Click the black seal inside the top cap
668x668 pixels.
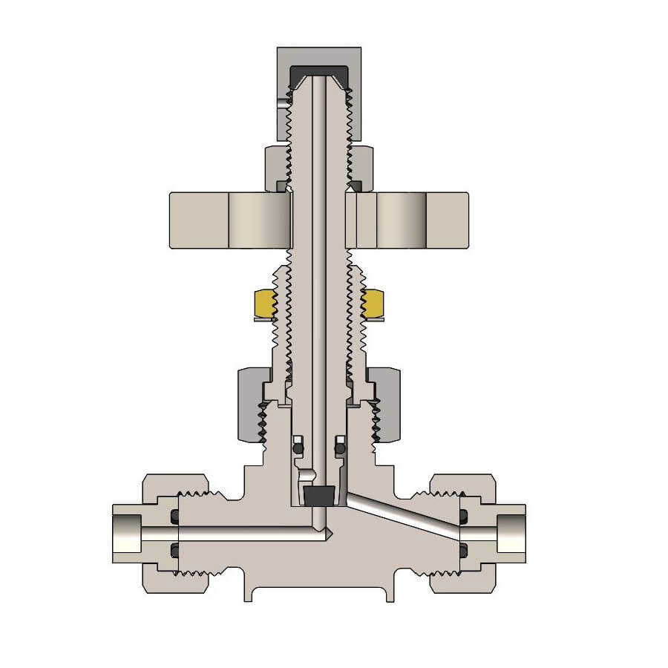pos(319,72)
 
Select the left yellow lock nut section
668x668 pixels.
pos(264,303)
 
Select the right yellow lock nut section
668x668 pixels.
pos(373,303)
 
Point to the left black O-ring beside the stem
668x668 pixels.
pos(298,448)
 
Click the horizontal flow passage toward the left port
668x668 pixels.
pos(245,532)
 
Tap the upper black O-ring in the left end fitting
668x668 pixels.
pos(175,515)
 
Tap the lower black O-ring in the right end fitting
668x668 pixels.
pos(463,550)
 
